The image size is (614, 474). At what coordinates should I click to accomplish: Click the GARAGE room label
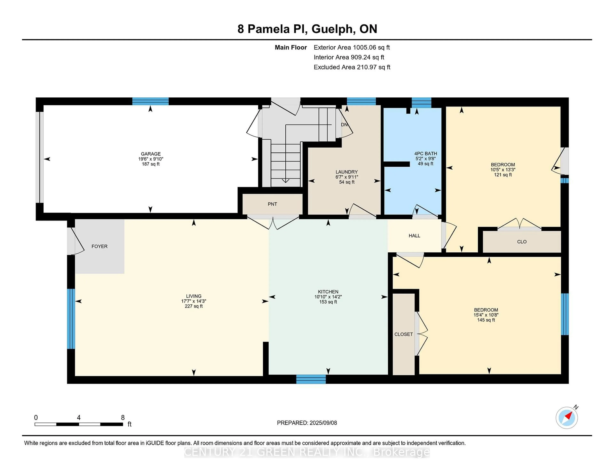151,154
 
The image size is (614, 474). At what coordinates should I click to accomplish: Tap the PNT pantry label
272,204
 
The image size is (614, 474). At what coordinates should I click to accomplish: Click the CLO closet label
522,242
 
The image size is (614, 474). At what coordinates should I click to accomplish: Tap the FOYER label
99,246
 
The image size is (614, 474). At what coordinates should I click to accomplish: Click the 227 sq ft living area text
193,306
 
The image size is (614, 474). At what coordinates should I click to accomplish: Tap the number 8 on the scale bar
123,418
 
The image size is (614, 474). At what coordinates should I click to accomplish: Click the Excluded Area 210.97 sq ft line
352,67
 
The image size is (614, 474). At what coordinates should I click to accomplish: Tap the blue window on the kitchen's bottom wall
311,379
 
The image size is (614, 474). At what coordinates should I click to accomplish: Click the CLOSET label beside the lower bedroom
403,334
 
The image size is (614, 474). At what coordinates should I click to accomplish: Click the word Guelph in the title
332,29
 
